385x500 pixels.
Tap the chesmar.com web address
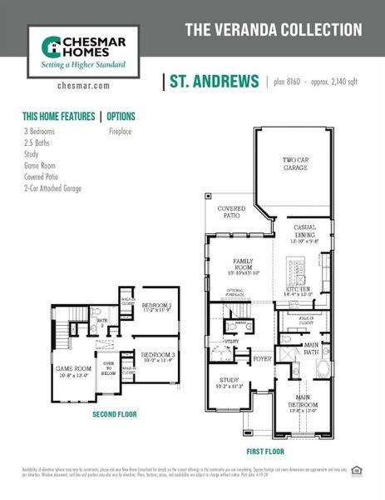tap(84, 85)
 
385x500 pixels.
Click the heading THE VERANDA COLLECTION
tap(273, 30)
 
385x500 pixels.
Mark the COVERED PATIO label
tap(231, 211)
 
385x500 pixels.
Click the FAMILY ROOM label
tap(244, 264)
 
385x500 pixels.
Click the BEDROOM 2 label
tap(156, 306)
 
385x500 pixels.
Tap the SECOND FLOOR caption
tap(115, 413)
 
